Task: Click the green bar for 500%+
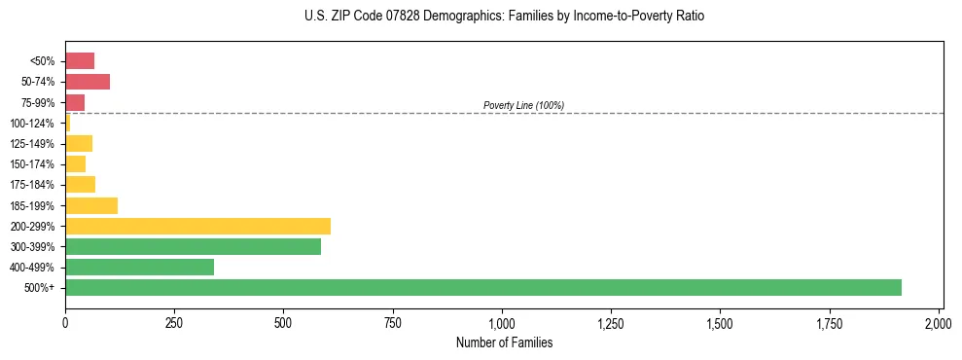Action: [482, 287]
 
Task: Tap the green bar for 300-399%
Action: [193, 246]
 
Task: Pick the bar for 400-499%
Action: [139, 267]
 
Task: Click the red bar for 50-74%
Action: [87, 82]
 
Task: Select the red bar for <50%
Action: [80, 61]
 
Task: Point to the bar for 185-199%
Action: [91, 205]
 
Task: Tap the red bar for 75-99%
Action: [75, 102]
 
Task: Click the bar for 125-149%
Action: [79, 144]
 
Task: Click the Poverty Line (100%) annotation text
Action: [523, 105]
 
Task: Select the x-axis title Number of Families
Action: [504, 342]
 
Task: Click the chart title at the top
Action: [504, 17]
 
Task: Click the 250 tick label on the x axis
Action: [174, 322]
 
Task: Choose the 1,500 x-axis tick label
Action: [720, 322]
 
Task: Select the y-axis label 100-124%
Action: [33, 124]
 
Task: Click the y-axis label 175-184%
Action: [33, 185]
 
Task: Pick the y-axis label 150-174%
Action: [33, 164]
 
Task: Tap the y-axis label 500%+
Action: [41, 288]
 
